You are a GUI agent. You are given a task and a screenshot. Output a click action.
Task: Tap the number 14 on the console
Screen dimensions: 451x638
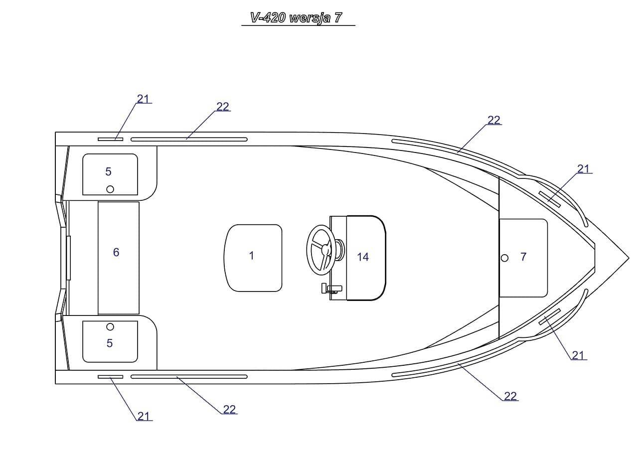pyautogui.click(x=363, y=257)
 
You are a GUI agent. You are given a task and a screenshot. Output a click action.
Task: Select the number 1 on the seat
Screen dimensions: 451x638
pyautogui.click(x=252, y=256)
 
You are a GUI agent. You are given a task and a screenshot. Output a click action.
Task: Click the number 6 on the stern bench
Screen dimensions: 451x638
pyautogui.click(x=116, y=253)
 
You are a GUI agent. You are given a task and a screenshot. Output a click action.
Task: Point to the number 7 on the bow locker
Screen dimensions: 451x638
pyautogui.click(x=523, y=257)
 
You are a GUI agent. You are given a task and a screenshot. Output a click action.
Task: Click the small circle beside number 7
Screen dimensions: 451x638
pyautogui.click(x=504, y=258)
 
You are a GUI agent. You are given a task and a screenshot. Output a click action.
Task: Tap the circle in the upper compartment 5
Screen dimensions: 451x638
pyautogui.click(x=110, y=189)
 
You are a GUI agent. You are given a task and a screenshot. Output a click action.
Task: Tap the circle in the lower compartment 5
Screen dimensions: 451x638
pyautogui.click(x=110, y=327)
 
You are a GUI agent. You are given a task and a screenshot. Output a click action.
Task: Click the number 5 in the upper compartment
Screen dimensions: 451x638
pyautogui.click(x=109, y=172)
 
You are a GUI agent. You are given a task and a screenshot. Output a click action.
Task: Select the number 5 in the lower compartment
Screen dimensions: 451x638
pyautogui.click(x=110, y=343)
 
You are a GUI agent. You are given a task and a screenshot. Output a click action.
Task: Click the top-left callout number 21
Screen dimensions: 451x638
pyautogui.click(x=143, y=99)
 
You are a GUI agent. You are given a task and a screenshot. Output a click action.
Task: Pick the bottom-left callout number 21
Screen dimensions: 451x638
pyautogui.click(x=144, y=416)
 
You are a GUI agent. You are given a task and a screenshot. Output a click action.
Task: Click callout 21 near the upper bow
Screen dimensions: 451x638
pyautogui.click(x=584, y=169)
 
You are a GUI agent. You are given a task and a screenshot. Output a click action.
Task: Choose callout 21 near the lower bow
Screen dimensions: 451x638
pyautogui.click(x=578, y=355)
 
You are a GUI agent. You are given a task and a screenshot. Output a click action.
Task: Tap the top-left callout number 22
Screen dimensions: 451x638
pyautogui.click(x=223, y=107)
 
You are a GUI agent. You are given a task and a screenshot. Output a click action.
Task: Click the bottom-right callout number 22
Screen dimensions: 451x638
pyautogui.click(x=510, y=396)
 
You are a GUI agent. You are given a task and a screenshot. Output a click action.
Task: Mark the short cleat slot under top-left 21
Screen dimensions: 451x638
pyautogui.click(x=110, y=139)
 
